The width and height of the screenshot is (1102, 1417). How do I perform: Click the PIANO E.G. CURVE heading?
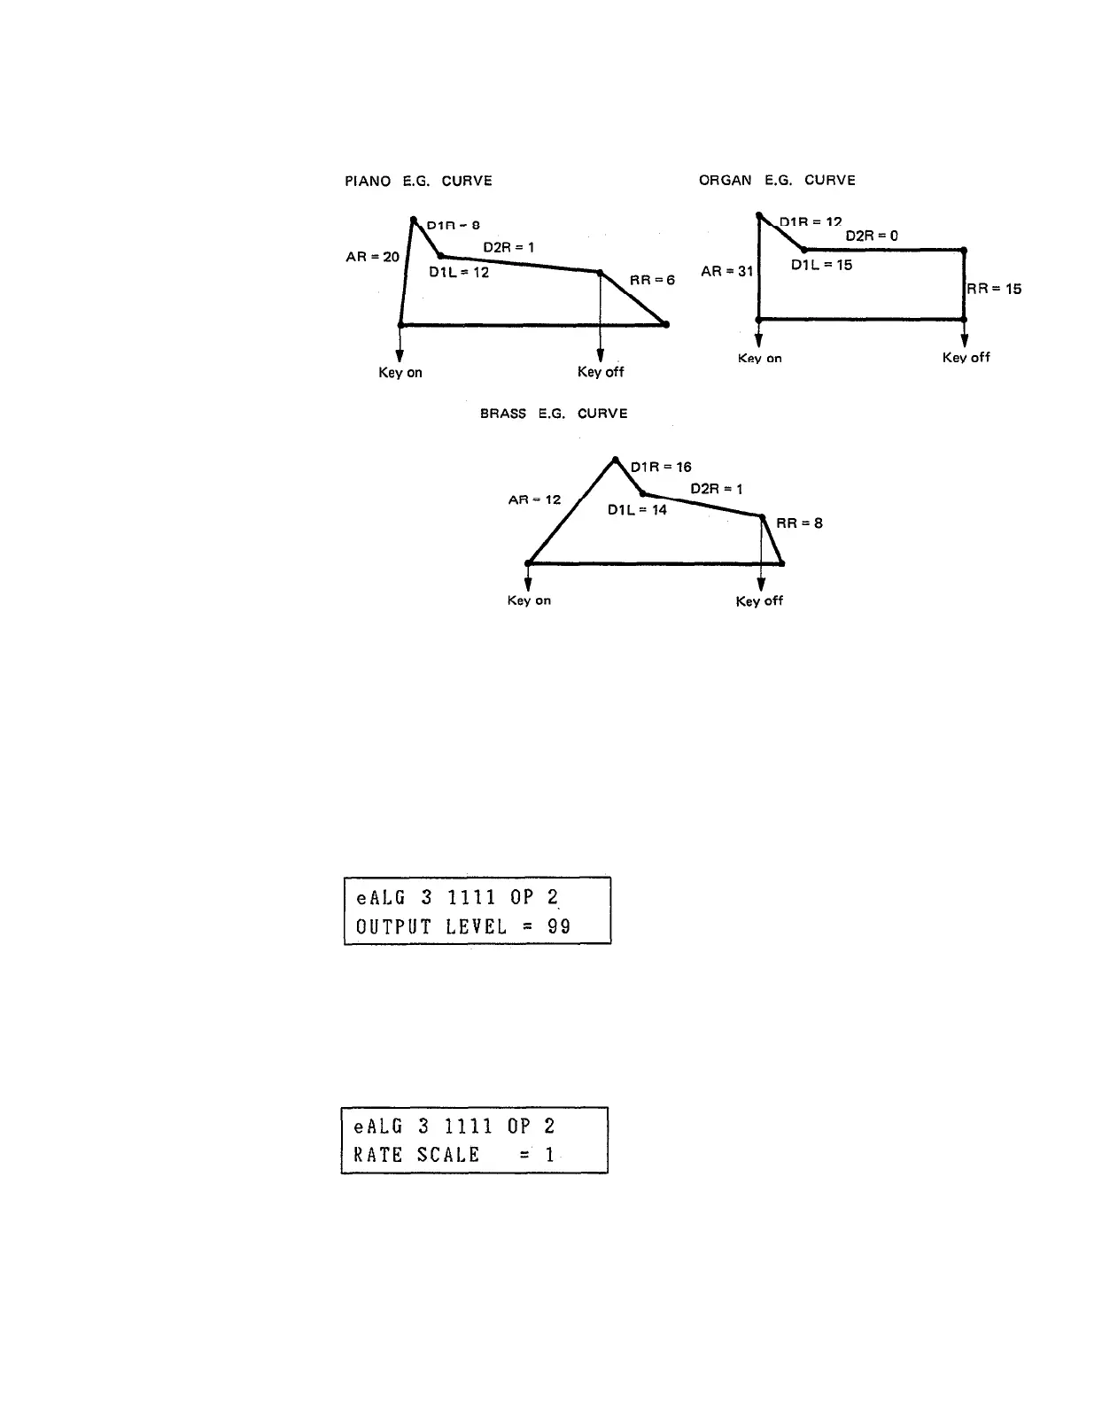418,182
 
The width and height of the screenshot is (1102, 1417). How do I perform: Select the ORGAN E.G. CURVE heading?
777,181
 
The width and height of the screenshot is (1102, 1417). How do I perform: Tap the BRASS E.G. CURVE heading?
554,414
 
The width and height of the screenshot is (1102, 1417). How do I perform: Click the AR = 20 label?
373,257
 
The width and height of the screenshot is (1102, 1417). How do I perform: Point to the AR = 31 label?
726,271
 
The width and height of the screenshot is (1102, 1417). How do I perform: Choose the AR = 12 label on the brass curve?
534,499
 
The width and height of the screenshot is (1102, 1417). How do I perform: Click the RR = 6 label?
652,280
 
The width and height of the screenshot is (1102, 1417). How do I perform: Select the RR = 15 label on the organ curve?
994,289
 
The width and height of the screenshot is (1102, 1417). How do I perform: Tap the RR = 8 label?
799,523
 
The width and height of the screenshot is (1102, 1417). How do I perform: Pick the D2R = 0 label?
872,236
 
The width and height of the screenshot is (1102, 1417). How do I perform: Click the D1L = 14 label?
637,510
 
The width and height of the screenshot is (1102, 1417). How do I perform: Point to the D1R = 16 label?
661,467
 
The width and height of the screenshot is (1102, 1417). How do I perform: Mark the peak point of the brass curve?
615,460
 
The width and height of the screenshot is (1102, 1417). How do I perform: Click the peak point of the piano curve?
414,219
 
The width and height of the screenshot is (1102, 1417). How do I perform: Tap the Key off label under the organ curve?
966,358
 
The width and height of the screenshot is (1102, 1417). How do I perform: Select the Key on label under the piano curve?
400,373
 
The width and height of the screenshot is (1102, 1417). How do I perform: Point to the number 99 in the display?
558,926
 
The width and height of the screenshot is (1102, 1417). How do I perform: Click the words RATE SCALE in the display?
416,1155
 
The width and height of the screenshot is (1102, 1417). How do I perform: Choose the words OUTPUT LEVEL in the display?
431,926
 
